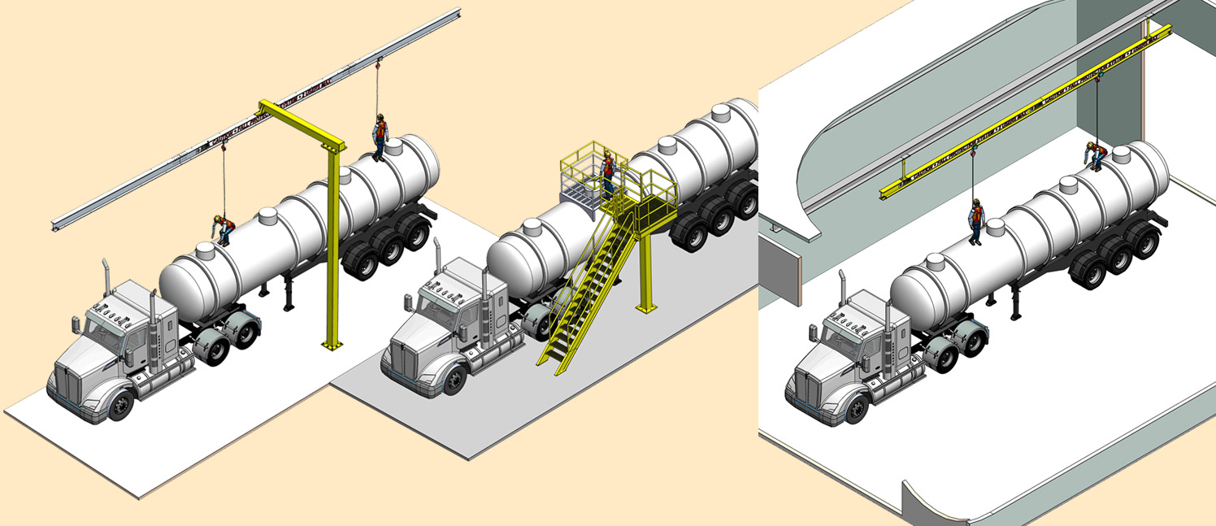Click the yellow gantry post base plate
pos(331,346)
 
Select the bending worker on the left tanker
pos(223,229)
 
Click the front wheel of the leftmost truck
pos(120,405)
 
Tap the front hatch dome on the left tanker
pos(268,219)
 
